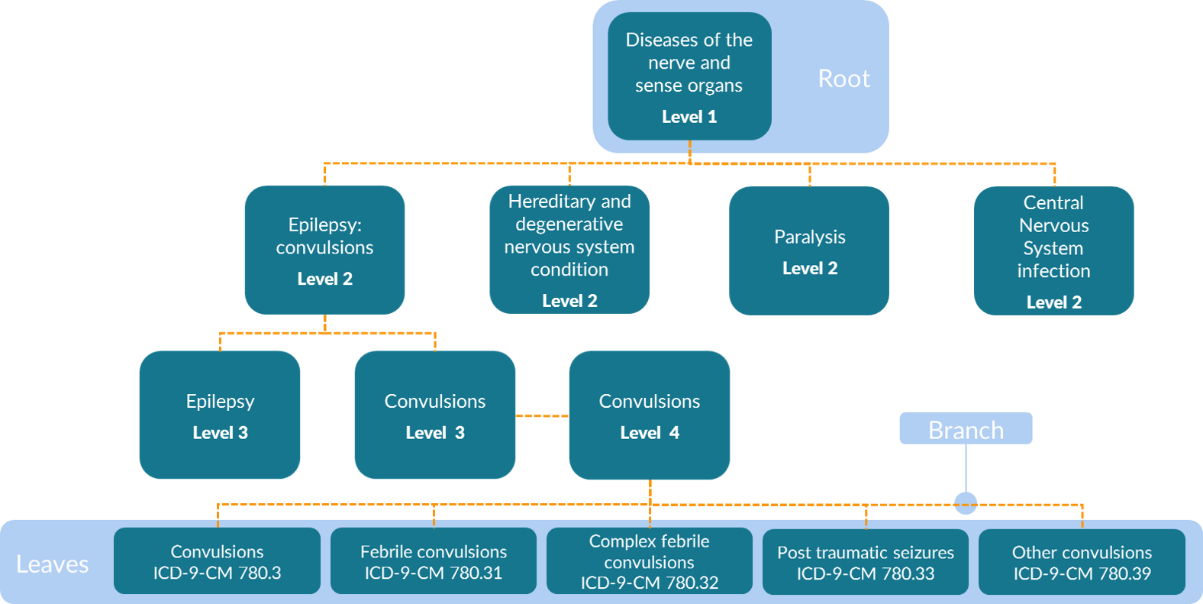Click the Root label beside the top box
tap(843, 79)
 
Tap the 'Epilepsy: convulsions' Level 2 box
tap(324, 250)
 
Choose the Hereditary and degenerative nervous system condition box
tap(569, 250)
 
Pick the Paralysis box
tap(809, 250)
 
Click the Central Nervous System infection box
tap(1053, 250)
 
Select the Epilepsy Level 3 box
tap(220, 415)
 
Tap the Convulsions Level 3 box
tap(435, 415)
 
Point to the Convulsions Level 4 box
tap(650, 415)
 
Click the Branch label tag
tap(966, 429)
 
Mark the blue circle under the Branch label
tap(966, 503)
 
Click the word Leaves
tap(53, 564)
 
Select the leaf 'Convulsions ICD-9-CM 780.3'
tap(217, 561)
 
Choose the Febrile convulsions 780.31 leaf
tap(434, 561)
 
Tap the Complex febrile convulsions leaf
tap(650, 561)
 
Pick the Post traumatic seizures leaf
tap(866, 561)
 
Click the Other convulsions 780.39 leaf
tap(1082, 561)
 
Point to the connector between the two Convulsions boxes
tap(542, 415)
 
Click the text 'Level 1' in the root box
tap(689, 117)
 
